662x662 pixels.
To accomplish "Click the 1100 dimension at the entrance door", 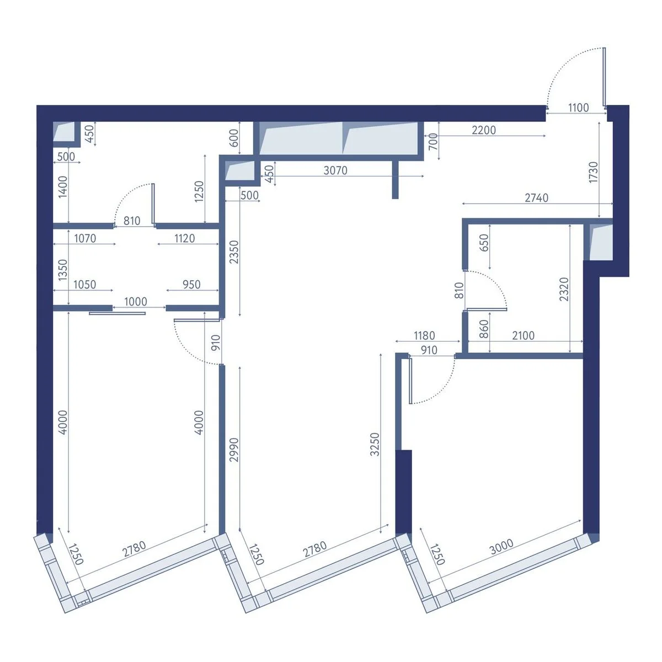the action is click(x=579, y=108).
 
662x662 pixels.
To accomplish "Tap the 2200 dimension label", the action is click(x=484, y=130).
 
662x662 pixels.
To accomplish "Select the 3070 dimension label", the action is click(x=335, y=170).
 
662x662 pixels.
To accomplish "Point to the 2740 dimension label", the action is click(x=536, y=198).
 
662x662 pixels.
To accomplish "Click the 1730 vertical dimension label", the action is click(x=593, y=172).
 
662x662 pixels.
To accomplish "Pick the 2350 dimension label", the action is click(x=234, y=252).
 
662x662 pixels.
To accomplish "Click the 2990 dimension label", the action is click(x=234, y=450).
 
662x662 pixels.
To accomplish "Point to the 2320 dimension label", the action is click(x=564, y=289).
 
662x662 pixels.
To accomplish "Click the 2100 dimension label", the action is click(x=523, y=335).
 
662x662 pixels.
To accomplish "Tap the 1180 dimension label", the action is click(x=425, y=335).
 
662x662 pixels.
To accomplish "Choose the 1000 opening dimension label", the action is click(x=136, y=302).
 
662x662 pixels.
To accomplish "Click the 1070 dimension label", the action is click(x=85, y=238).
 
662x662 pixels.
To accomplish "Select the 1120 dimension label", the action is click(x=185, y=238).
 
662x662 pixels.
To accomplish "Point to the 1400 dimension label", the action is click(x=63, y=187).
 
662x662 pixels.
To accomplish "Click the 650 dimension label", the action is click(x=484, y=243).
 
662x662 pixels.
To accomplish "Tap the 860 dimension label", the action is click(x=484, y=329).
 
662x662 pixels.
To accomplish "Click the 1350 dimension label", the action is click(x=63, y=270).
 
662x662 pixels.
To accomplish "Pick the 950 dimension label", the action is click(x=191, y=285).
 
